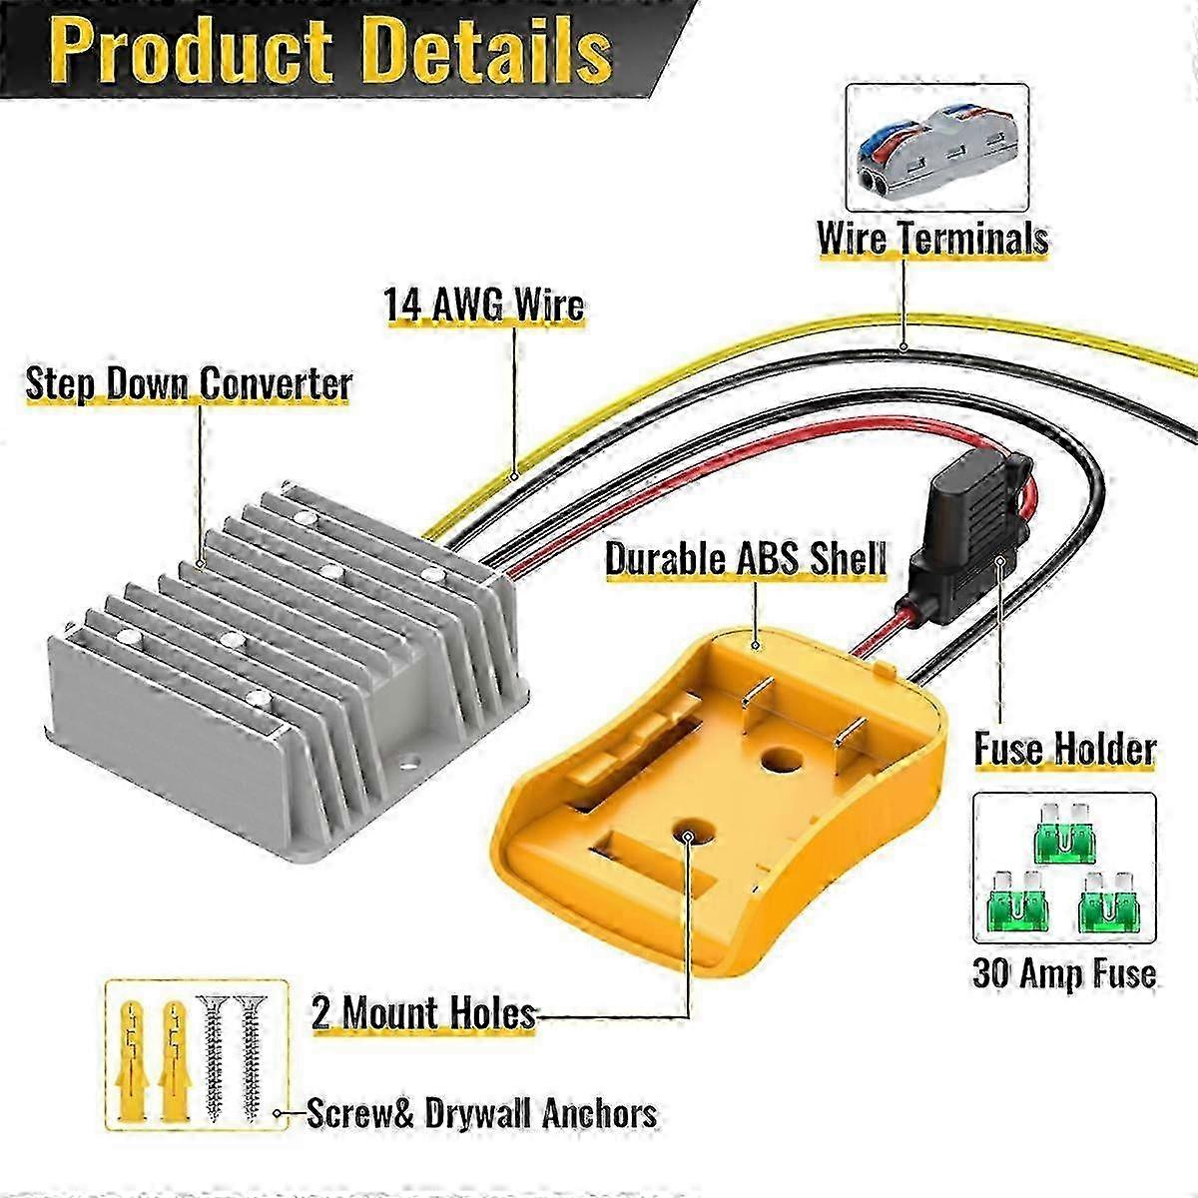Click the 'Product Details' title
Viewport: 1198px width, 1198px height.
tap(330, 51)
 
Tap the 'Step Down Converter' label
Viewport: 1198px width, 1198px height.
tap(189, 383)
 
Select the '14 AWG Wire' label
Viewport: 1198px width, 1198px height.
tap(484, 305)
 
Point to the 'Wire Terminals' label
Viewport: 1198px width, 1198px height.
tap(932, 238)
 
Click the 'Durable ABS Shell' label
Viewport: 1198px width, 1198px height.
tap(746, 559)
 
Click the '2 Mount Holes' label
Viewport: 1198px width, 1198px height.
tap(423, 1013)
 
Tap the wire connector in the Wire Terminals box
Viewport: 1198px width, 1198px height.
tap(938, 148)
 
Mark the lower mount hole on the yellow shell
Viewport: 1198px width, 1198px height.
tap(687, 837)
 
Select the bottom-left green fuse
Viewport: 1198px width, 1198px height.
tap(1017, 911)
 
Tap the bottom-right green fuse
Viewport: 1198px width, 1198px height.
tap(1110, 911)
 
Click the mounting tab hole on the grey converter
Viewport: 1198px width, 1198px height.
tap(408, 762)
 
